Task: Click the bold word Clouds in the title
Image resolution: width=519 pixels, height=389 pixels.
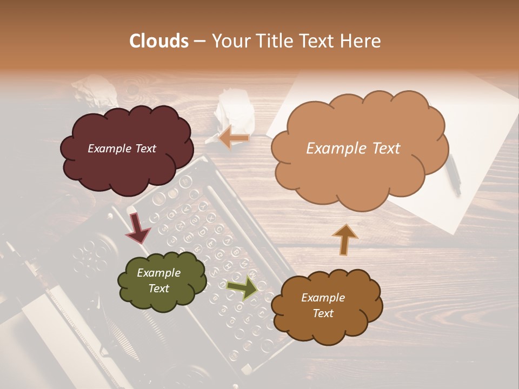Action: [x=159, y=41]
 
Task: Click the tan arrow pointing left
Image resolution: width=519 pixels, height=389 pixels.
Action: [x=234, y=138]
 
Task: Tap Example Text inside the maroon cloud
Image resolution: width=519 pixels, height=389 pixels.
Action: [x=122, y=149]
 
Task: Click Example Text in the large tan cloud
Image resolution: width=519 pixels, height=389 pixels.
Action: [x=353, y=149]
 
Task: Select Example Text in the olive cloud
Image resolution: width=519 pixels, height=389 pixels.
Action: [x=159, y=280]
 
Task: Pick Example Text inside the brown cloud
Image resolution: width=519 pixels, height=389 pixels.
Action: [x=323, y=305]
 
